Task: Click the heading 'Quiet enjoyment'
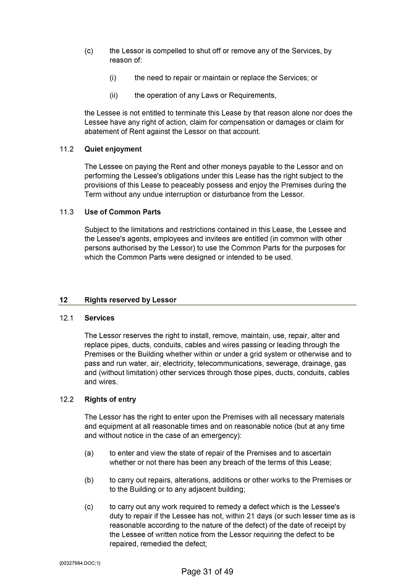coord(112,149)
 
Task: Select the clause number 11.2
coord(67,149)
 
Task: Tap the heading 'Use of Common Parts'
coord(122,212)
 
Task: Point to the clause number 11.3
coord(67,212)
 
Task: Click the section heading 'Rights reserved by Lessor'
coord(130,300)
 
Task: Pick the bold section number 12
coord(63,300)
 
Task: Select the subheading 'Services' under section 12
coord(99,318)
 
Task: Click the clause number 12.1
coord(67,318)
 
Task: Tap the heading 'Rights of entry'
coord(110,399)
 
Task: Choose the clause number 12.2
coord(67,399)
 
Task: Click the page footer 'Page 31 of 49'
coord(207,571)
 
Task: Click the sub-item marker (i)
coord(113,78)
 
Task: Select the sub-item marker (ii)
coord(114,95)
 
